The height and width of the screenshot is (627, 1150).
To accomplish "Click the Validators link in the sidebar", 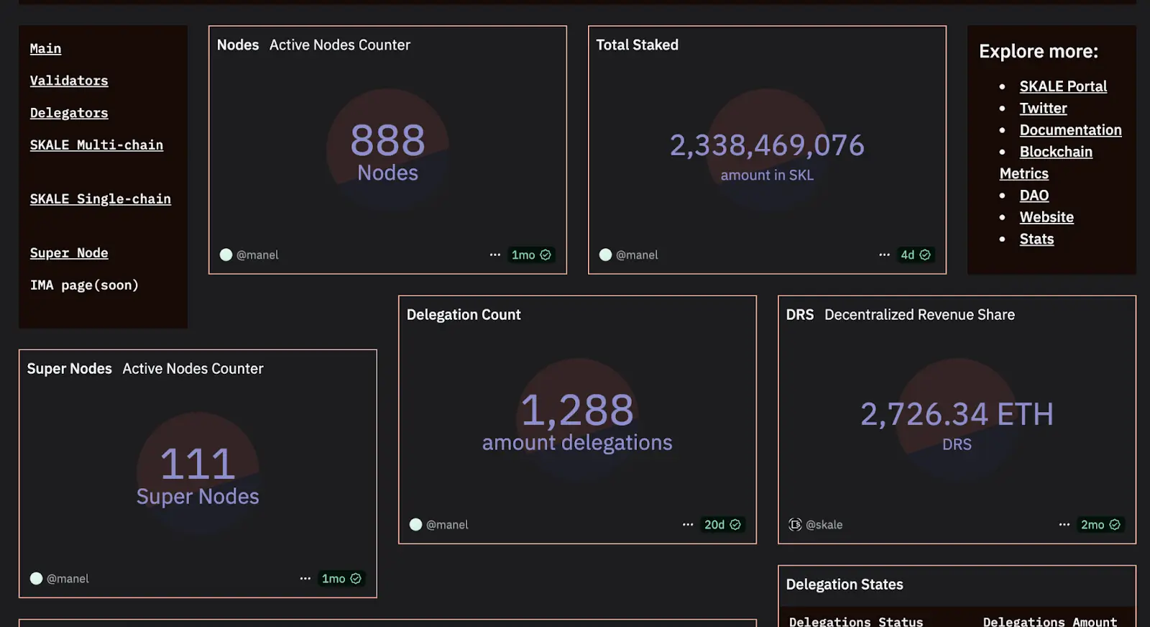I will pyautogui.click(x=69, y=81).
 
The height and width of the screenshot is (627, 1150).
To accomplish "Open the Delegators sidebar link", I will pyautogui.click(x=69, y=113).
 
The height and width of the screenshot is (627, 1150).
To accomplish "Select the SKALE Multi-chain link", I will pyautogui.click(x=96, y=145).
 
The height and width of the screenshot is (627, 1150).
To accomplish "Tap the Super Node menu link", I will pyautogui.click(x=69, y=253).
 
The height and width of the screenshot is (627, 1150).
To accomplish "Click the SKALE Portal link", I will pyautogui.click(x=1063, y=86).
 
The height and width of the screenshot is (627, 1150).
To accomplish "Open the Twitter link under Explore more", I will pyautogui.click(x=1043, y=109).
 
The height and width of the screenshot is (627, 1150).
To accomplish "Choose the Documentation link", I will pyautogui.click(x=1070, y=130).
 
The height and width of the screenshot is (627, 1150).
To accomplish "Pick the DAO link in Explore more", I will pyautogui.click(x=1034, y=196).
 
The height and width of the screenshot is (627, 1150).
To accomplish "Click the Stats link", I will pyautogui.click(x=1036, y=239).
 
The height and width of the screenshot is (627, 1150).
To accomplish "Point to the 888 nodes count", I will pyautogui.click(x=387, y=141).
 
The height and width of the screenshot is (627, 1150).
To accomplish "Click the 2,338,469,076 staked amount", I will pyautogui.click(x=767, y=146).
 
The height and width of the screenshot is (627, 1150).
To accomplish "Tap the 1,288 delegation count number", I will pyautogui.click(x=577, y=411).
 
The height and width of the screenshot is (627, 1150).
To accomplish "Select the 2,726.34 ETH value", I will pyautogui.click(x=957, y=414).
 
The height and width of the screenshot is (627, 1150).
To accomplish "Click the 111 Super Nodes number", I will pyautogui.click(x=198, y=464).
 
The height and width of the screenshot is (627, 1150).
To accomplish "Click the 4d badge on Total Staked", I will pyautogui.click(x=915, y=255).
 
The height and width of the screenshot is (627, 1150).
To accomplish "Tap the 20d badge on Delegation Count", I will pyautogui.click(x=722, y=525).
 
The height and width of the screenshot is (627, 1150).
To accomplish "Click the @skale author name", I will pyautogui.click(x=824, y=525).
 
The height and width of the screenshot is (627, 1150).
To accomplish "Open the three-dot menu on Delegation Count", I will pyautogui.click(x=688, y=525).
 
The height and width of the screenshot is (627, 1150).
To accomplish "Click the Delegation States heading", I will pyautogui.click(x=845, y=585).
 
